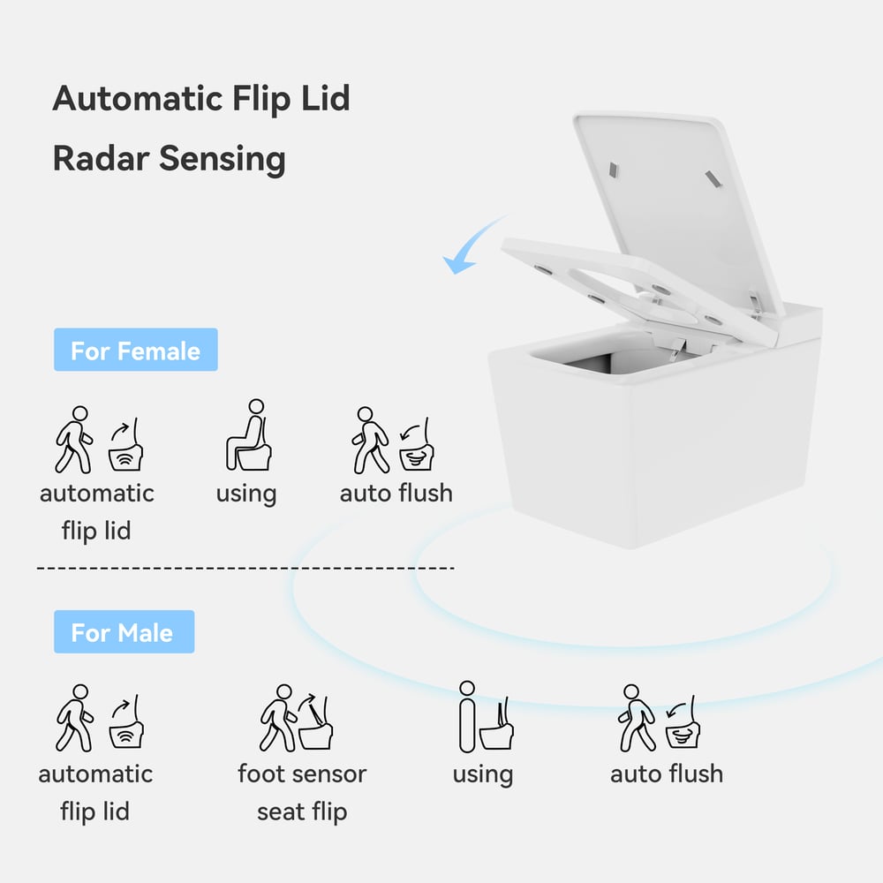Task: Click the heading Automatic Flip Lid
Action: click(x=201, y=98)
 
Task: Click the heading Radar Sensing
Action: click(x=169, y=159)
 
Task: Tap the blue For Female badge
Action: click(x=135, y=351)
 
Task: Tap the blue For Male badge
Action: click(x=123, y=632)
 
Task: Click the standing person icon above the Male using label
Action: click(x=467, y=716)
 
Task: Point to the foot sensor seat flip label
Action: click(x=302, y=792)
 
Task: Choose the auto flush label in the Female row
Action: click(x=396, y=493)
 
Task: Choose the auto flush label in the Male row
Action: click(x=667, y=774)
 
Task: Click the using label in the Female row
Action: click(x=245, y=494)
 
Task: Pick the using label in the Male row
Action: click(x=482, y=774)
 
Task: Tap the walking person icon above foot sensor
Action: click(x=277, y=718)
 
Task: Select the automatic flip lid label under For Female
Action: click(x=96, y=511)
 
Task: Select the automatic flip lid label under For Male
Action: click(x=95, y=792)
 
